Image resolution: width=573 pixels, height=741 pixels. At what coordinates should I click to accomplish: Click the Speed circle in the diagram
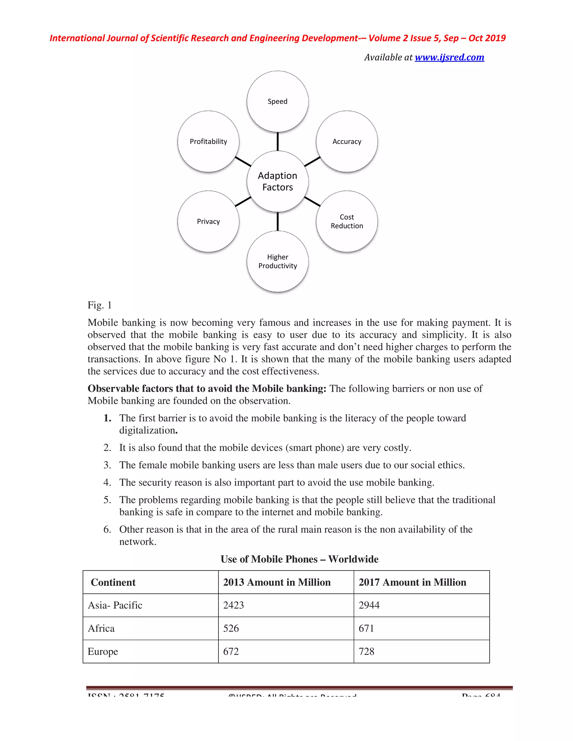[277, 102]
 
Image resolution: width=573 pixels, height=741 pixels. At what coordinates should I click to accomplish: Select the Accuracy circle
[347, 141]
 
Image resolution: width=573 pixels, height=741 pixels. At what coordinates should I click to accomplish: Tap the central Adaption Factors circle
[277, 181]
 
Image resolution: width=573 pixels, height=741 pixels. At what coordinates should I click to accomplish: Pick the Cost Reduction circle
[347, 221]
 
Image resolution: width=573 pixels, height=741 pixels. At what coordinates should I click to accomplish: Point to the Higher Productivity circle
[277, 261]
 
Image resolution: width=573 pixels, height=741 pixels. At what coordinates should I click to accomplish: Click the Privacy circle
[208, 221]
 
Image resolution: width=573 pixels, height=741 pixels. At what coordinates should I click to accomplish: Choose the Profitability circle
[208, 141]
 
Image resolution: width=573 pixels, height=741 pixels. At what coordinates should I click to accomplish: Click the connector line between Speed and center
[278, 141]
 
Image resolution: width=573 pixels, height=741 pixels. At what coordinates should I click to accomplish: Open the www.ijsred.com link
[449, 57]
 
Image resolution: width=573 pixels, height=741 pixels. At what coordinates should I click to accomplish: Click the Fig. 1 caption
[99, 305]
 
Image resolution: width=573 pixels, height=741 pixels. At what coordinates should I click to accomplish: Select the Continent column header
[113, 582]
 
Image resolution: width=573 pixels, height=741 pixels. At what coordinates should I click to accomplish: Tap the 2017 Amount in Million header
[412, 582]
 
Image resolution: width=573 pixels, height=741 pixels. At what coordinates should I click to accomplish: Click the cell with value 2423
[234, 605]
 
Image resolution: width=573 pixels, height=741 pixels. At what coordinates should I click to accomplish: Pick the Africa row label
[101, 628]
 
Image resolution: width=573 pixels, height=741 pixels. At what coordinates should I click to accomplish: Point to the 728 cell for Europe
[366, 652]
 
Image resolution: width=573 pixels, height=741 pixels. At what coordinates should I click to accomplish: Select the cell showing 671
[366, 628]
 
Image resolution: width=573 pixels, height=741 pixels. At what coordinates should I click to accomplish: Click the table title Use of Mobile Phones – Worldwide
[299, 559]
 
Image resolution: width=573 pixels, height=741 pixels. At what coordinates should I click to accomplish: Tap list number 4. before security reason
[107, 482]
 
